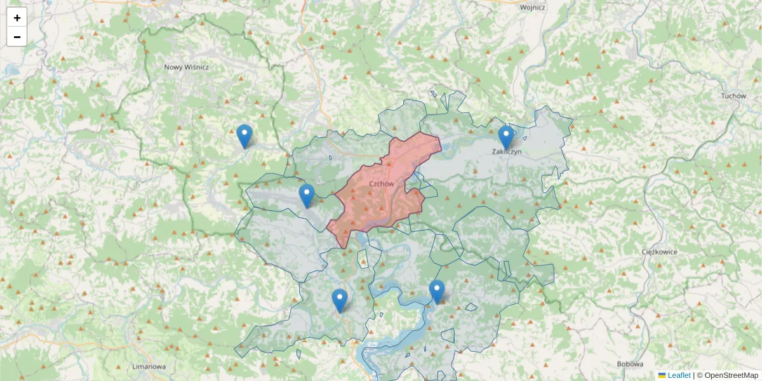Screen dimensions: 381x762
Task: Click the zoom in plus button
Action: click(x=17, y=18)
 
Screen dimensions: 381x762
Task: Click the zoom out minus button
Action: click(x=17, y=37)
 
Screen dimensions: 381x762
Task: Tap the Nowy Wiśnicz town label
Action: click(x=186, y=67)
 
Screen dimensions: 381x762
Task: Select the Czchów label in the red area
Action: click(x=382, y=184)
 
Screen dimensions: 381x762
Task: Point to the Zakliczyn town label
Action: click(x=507, y=152)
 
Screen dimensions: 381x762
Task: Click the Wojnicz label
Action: click(x=532, y=8)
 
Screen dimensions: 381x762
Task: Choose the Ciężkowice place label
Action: click(x=660, y=252)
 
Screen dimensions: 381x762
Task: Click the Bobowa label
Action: click(x=629, y=364)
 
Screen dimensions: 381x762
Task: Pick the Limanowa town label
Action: click(x=149, y=366)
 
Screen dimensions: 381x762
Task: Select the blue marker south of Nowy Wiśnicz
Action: click(x=244, y=135)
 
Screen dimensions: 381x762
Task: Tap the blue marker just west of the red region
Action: click(x=307, y=195)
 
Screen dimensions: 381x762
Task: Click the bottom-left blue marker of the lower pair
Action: click(x=340, y=300)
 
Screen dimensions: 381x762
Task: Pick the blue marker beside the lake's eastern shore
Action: click(x=437, y=291)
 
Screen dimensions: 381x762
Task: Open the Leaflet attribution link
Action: click(x=679, y=375)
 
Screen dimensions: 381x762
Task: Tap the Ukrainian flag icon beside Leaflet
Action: click(x=662, y=375)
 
